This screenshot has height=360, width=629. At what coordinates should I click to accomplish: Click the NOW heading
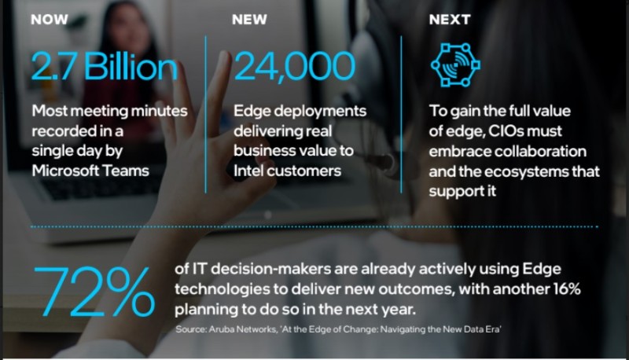tap(50, 19)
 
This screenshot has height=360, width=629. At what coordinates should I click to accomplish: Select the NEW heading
tap(249, 19)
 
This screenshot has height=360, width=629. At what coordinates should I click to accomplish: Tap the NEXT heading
tap(449, 19)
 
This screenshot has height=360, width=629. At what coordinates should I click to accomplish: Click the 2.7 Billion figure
tap(105, 67)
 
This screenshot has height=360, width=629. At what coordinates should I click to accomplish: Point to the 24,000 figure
tap(294, 67)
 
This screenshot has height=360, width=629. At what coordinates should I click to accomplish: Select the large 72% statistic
tap(94, 292)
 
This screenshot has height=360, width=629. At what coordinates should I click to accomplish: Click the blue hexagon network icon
tap(455, 65)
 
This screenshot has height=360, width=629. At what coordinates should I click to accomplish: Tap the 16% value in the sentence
tap(565, 289)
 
